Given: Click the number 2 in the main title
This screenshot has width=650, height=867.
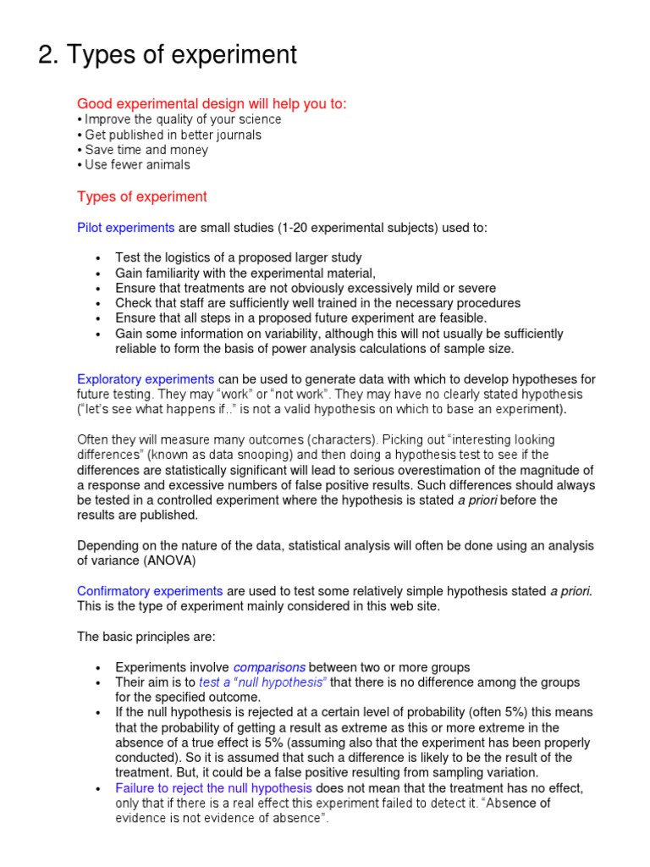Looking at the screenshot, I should pyautogui.click(x=47, y=55).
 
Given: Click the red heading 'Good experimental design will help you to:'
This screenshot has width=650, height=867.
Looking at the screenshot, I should pyautogui.click(x=212, y=103).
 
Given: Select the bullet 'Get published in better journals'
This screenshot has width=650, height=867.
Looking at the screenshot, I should pyautogui.click(x=173, y=135).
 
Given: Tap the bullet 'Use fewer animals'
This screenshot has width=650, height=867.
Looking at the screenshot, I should pyautogui.click(x=137, y=165).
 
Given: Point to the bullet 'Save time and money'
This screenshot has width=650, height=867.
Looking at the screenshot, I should pyautogui.click(x=146, y=150).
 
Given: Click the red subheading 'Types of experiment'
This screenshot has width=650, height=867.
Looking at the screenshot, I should pyautogui.click(x=141, y=196).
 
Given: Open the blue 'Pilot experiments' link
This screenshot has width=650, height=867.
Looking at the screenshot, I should pyautogui.click(x=125, y=228).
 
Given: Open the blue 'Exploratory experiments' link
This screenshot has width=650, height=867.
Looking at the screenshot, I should pyautogui.click(x=146, y=379).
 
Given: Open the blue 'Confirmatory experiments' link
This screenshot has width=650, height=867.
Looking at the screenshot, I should pyautogui.click(x=150, y=591).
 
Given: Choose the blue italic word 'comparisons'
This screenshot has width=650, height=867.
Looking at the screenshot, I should pyautogui.click(x=269, y=667).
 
